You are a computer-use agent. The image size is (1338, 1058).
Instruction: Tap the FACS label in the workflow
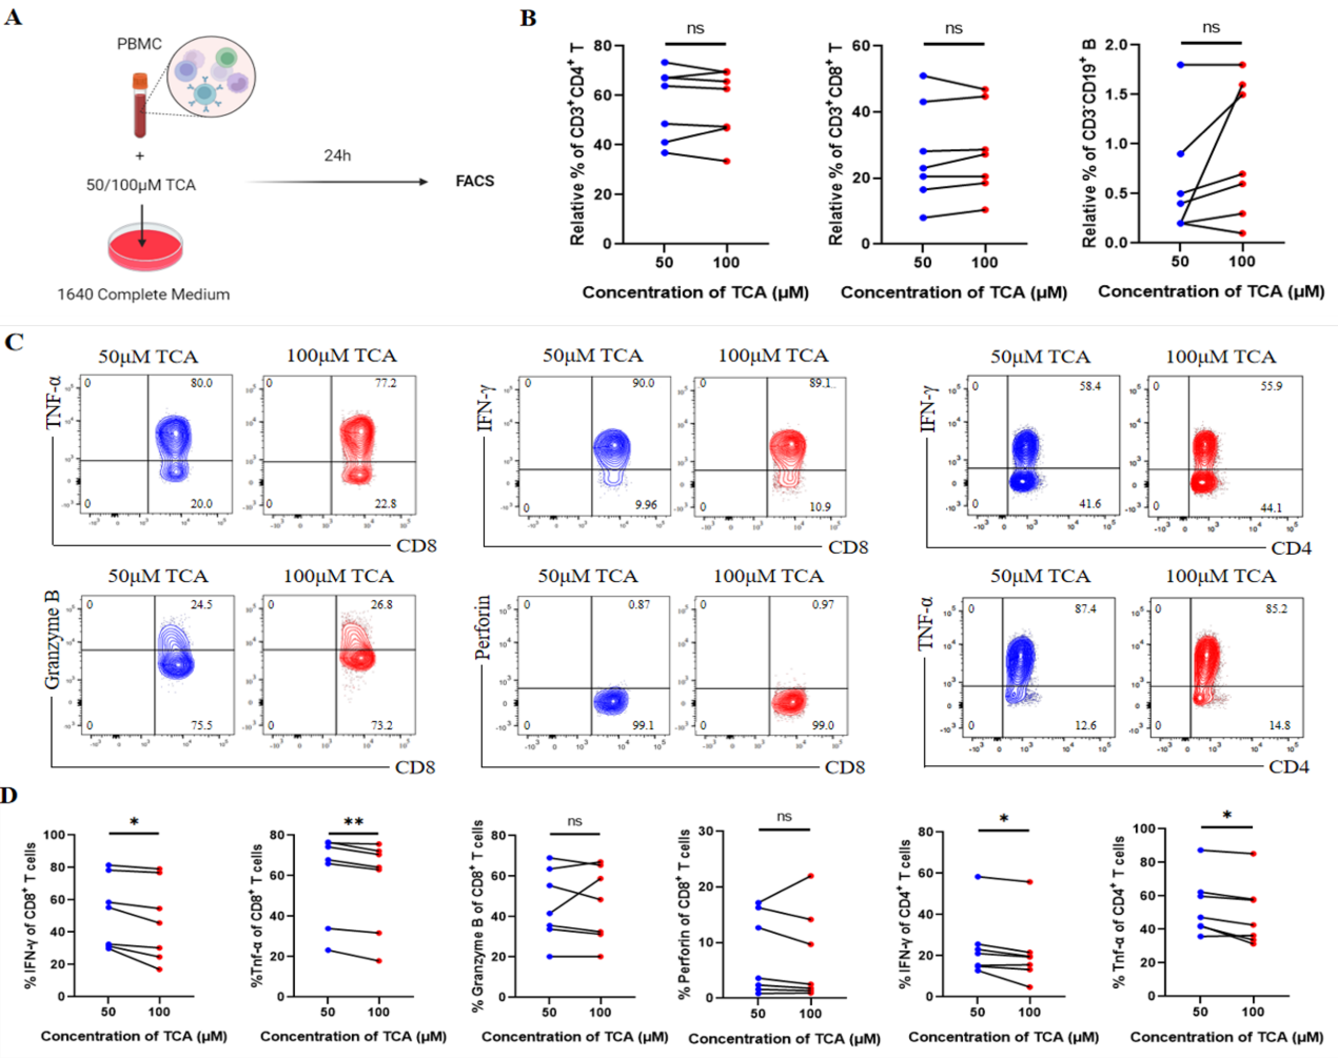click(475, 181)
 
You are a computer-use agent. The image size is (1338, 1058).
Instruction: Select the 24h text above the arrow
click(337, 155)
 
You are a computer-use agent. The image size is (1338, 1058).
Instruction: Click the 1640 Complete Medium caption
click(144, 294)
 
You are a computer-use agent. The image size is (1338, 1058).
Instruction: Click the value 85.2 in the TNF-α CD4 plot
click(1276, 609)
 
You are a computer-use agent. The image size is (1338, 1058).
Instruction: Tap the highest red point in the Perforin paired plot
click(811, 876)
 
